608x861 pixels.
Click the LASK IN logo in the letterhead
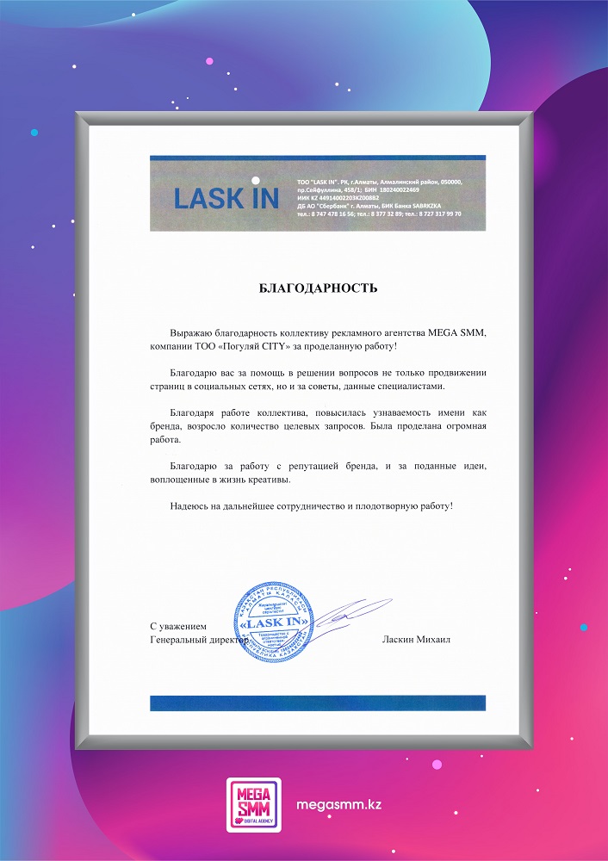coord(226,198)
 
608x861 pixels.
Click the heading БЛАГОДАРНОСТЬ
coord(319,288)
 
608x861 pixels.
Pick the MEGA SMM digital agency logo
coord(254,805)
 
